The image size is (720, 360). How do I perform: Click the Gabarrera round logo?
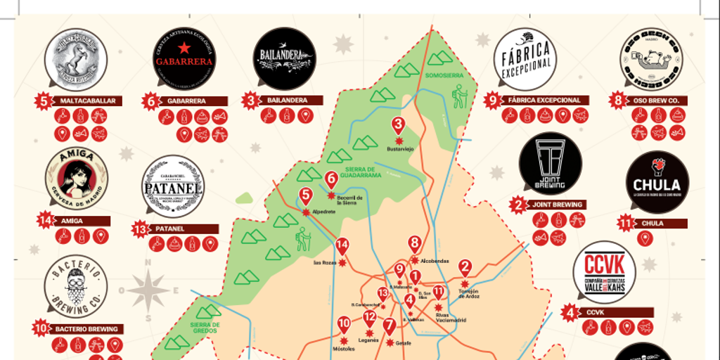(x=184, y=59)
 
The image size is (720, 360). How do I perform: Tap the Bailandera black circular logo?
(x=284, y=58)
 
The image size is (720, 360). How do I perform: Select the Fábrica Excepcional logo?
(x=525, y=59)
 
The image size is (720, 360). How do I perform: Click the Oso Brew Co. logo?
(x=651, y=59)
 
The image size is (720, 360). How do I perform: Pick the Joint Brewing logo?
(x=550, y=163)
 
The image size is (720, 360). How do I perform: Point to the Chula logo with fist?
(x=657, y=182)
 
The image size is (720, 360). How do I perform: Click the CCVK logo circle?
(x=604, y=272)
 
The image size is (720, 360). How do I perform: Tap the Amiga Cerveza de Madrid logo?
(x=77, y=179)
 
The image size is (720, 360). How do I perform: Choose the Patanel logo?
(x=173, y=186)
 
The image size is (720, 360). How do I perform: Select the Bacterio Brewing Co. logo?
(x=76, y=286)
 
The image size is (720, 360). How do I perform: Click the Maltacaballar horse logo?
(x=76, y=59)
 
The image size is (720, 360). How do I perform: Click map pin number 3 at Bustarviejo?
(x=398, y=127)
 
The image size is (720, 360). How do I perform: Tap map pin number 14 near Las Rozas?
(x=342, y=247)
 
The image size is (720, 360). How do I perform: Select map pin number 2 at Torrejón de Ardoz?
(x=465, y=268)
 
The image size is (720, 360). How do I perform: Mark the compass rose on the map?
(x=148, y=288)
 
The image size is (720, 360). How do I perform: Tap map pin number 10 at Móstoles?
(x=344, y=326)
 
